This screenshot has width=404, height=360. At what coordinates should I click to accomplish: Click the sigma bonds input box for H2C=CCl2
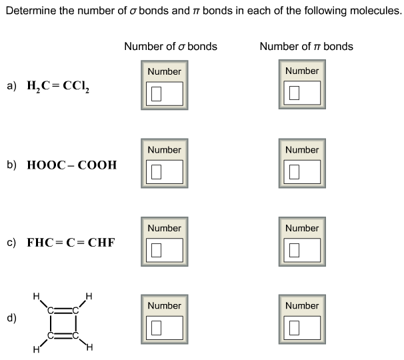(x=164, y=93)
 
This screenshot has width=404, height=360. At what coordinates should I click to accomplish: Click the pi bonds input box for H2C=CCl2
(x=302, y=93)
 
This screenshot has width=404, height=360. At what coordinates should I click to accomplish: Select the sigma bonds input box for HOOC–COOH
(x=164, y=171)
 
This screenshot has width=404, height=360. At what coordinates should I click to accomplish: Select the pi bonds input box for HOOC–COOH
(x=302, y=171)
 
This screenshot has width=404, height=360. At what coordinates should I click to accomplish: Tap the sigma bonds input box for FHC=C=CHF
(x=164, y=250)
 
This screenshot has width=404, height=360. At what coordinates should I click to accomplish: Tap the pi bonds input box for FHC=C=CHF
(x=302, y=250)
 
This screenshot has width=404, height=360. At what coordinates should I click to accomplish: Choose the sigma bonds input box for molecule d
(x=164, y=327)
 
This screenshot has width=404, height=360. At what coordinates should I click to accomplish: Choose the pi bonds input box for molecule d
(x=302, y=327)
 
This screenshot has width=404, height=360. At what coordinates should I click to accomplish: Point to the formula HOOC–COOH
(x=71, y=165)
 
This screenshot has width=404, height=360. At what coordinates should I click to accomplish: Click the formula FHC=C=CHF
(x=70, y=243)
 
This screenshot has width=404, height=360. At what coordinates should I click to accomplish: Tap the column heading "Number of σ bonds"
(x=170, y=47)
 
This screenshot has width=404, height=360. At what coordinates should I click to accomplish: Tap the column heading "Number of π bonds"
(x=306, y=47)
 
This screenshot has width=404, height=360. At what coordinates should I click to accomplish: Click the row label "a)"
(x=11, y=87)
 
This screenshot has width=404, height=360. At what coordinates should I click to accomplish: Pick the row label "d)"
(x=11, y=318)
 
